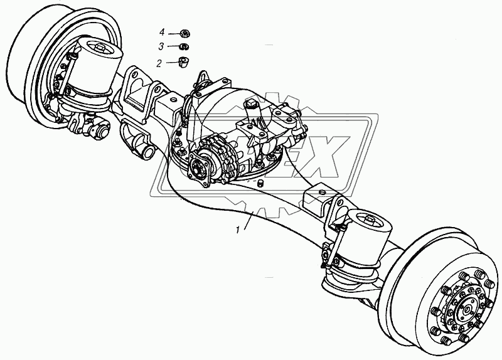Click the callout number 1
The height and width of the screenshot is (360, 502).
pyautogui.click(x=238, y=230)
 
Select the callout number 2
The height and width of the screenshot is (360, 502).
pyautogui.click(x=159, y=63)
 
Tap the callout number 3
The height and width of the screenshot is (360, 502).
pyautogui.click(x=161, y=46)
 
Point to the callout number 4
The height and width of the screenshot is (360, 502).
pyautogui.click(x=162, y=33)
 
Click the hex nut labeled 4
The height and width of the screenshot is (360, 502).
pyautogui.click(x=184, y=33)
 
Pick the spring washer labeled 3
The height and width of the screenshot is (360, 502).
pyautogui.click(x=184, y=46)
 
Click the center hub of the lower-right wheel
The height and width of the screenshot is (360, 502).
pyautogui.click(x=466, y=309)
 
